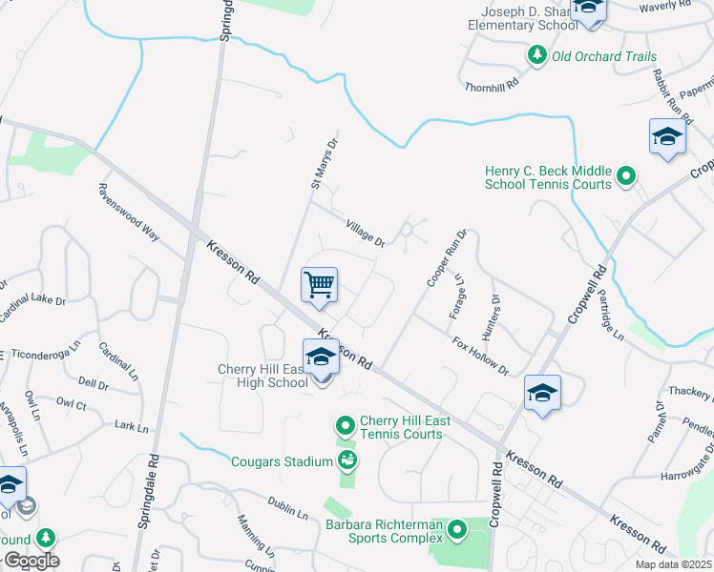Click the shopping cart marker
point(320,284)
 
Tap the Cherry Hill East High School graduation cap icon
point(322,357)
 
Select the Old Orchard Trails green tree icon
point(537,56)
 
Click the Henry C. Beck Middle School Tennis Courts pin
point(626,175)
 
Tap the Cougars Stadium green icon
point(347,461)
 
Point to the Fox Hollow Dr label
point(480,357)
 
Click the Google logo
point(31,561)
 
